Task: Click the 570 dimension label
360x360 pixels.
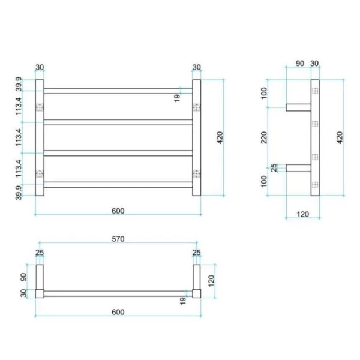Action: point(118,239)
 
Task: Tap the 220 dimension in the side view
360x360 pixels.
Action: point(265,138)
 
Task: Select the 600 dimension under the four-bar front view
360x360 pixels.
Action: point(118,210)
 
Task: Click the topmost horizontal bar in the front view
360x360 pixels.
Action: point(118,91)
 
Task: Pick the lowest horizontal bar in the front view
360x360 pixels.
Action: point(118,184)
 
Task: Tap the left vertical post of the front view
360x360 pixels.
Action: point(40,138)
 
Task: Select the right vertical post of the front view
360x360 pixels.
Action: point(196,138)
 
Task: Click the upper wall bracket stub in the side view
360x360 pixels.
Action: point(298,108)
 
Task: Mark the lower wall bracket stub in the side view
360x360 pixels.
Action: point(298,168)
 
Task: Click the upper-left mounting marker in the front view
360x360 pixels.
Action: point(40,108)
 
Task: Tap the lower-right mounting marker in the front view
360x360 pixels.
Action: point(196,173)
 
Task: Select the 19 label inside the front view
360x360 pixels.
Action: point(178,97)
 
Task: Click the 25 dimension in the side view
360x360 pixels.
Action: point(275,168)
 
